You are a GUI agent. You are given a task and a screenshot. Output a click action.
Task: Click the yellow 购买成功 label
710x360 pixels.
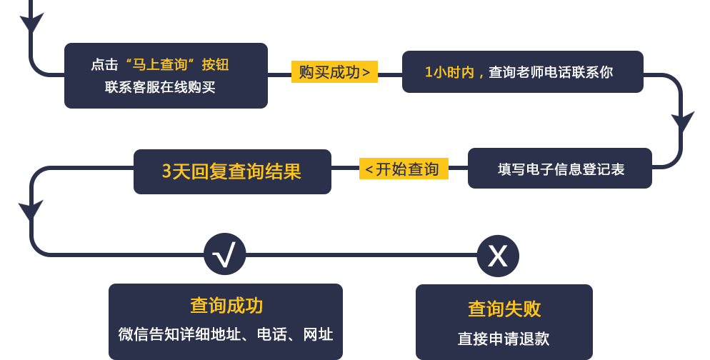coord(334,72)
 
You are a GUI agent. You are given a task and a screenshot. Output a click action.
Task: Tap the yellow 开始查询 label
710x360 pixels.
coord(404,169)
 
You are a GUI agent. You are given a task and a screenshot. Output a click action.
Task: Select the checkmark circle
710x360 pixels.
coord(225,254)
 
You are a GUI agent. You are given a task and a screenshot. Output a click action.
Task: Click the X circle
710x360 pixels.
coord(498,256)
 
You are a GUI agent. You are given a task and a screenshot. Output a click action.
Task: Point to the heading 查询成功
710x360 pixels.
coord(226,306)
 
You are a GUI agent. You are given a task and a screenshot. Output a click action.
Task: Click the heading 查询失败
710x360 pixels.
coord(504,309)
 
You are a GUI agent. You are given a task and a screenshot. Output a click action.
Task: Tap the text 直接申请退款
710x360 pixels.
coord(504,339)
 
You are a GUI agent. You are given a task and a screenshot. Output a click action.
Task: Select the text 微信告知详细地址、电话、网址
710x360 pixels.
coord(226,334)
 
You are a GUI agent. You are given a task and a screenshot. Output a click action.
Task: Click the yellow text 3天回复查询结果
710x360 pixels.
coord(232,171)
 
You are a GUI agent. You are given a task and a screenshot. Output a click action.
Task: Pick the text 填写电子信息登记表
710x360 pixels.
coord(561,169)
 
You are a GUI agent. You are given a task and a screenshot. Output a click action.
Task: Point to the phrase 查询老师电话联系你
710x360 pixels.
coord(551,72)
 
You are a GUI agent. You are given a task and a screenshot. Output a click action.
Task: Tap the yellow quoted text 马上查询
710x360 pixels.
coord(159,65)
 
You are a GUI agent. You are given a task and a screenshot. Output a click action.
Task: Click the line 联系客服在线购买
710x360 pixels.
coord(160,87)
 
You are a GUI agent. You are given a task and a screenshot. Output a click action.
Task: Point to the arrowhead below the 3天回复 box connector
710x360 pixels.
coord(31,211)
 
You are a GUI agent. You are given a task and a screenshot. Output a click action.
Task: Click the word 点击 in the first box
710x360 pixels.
coord(104,65)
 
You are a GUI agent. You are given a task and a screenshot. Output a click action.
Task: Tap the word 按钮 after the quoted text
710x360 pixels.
coord(215,65)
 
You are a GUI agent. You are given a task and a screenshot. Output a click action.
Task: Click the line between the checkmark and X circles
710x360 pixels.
coord(361,255)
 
